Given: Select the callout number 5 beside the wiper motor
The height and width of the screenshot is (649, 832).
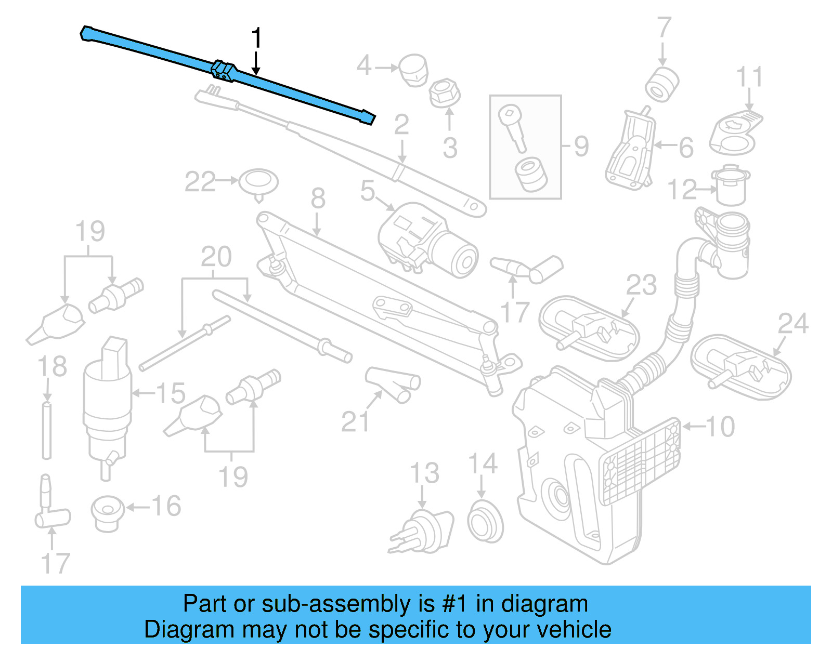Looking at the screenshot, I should point(367,191).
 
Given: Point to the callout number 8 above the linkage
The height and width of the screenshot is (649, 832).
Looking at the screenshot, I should point(318,198).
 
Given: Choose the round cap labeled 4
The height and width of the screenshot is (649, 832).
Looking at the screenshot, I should point(414,69).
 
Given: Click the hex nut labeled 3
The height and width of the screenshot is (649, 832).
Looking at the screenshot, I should point(445,94).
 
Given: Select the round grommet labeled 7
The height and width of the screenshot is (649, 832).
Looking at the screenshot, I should point(662,85).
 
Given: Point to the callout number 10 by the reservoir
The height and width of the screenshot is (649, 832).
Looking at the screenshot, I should point(720,427).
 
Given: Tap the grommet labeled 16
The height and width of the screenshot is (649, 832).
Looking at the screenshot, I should point(108,513).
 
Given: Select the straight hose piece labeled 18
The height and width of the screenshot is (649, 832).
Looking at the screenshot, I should point(47,430).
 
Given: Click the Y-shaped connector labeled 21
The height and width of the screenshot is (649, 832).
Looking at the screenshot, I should point(394,385).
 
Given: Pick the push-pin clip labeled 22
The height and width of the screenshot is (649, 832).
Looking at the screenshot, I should point(258,183).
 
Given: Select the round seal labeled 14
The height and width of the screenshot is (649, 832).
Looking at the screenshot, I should point(485,521).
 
